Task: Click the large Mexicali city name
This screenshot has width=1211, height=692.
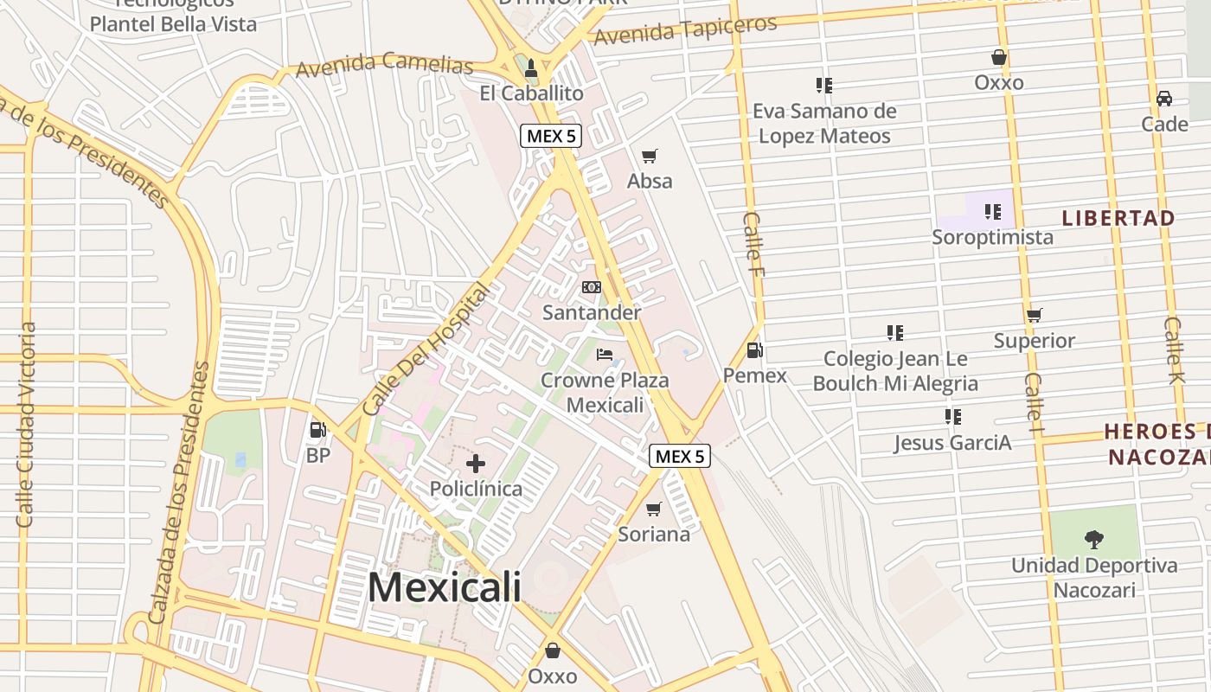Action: point(445,586)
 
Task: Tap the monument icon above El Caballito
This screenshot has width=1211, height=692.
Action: point(531,67)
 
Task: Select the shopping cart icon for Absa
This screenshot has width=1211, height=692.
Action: point(650,157)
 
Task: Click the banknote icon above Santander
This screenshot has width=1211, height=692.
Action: point(592,287)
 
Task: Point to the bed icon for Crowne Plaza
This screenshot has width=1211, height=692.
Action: point(605,355)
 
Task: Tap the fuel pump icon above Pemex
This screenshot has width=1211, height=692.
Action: point(754,350)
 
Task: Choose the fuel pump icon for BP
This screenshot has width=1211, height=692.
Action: point(317,429)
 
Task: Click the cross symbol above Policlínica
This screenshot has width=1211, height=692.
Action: point(476,464)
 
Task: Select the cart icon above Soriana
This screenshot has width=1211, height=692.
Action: point(654,509)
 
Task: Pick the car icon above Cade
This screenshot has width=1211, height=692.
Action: point(1164,99)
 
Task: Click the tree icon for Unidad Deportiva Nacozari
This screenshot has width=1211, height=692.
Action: point(1094,540)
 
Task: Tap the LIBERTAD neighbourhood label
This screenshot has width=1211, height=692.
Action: point(1118,218)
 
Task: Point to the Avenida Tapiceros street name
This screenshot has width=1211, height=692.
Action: point(685,30)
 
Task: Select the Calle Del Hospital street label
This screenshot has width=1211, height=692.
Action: point(426,349)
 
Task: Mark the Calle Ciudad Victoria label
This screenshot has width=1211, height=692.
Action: point(26,425)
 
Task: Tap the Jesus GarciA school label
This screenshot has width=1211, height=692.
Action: point(952,443)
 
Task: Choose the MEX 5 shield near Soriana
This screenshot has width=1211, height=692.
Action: point(680,456)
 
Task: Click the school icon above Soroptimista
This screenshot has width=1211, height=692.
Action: point(993,211)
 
